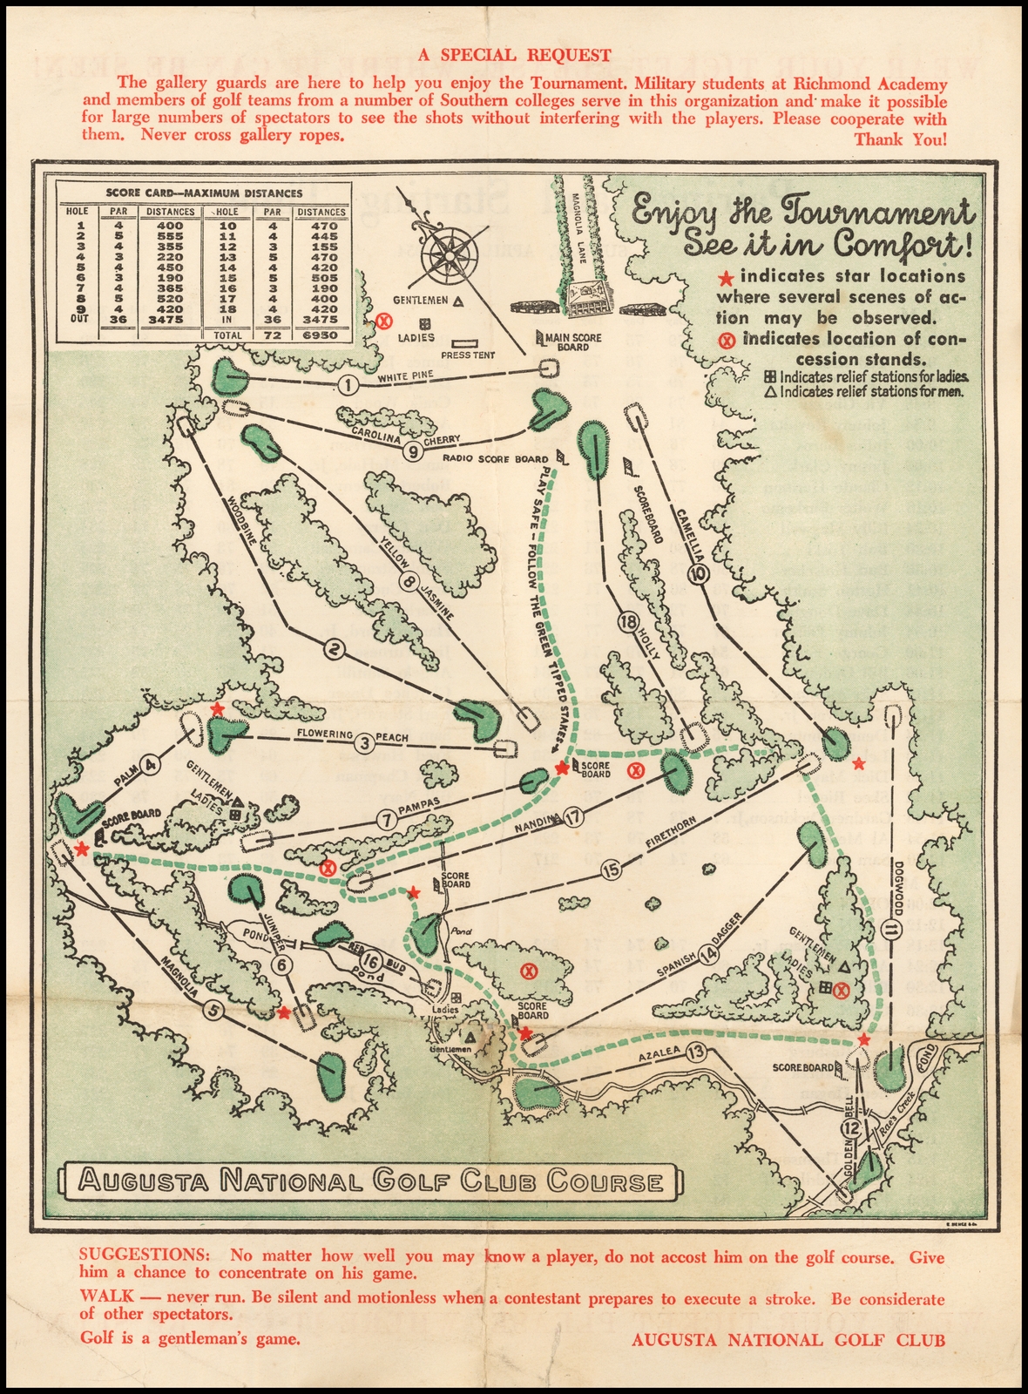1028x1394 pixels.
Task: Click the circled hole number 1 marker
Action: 348,385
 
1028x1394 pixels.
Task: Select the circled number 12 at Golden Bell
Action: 851,1128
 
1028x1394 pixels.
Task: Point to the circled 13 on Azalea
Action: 695,1052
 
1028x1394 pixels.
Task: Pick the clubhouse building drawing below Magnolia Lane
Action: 591,298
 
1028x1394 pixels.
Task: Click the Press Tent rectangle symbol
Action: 467,344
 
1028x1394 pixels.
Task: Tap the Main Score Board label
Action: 572,342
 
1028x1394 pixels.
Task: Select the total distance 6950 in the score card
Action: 321,335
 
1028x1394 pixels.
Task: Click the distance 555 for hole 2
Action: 170,236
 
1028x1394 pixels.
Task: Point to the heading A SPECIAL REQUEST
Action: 514,55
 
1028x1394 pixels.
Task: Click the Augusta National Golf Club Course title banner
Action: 369,1182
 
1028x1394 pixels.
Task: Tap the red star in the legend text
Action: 726,278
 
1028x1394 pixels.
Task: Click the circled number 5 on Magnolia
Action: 213,1010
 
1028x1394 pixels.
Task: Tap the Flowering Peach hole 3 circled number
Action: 365,741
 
